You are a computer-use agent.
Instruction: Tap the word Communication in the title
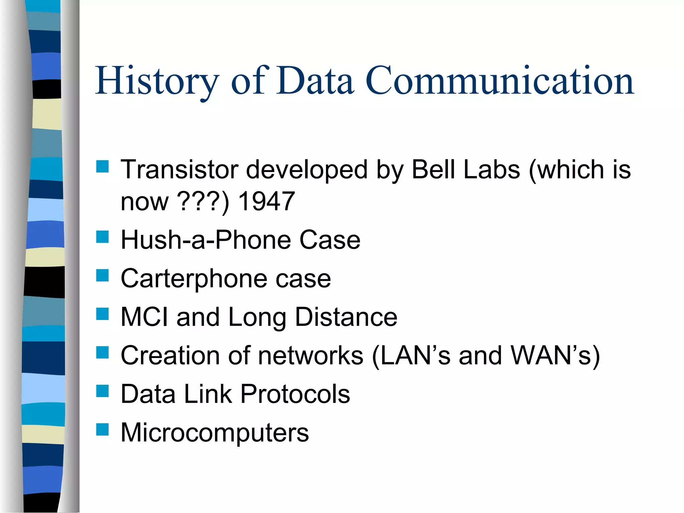(500, 81)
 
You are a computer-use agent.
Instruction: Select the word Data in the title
(315, 81)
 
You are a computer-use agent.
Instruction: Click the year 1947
(267, 201)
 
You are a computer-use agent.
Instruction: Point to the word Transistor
(179, 169)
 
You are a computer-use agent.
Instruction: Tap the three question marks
(199, 201)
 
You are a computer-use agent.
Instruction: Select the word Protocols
(295, 394)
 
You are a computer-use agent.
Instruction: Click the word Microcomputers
(215, 433)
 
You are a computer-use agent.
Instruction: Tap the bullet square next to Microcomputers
(103, 430)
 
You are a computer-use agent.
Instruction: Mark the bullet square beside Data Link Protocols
(103, 391)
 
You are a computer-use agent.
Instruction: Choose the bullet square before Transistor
(103, 166)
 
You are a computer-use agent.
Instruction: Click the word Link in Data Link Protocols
(208, 394)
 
